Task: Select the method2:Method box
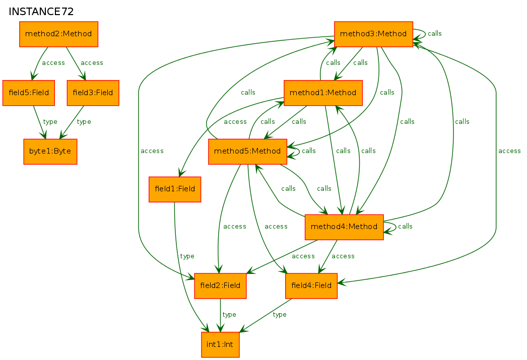pyautogui.click(x=58, y=34)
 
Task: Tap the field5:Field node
pyautogui.click(x=29, y=93)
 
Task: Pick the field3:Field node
pyautogui.click(x=93, y=93)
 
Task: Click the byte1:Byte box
pyautogui.click(x=50, y=152)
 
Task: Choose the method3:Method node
pyautogui.click(x=373, y=34)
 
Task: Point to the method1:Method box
pyautogui.click(x=323, y=93)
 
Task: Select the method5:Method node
pyautogui.click(x=247, y=152)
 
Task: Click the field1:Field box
pyautogui.click(x=175, y=189)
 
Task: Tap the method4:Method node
pyautogui.click(x=344, y=227)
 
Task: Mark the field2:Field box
pyautogui.click(x=220, y=285)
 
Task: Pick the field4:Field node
pyautogui.click(x=311, y=285)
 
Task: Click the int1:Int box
pyautogui.click(x=220, y=344)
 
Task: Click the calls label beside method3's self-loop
pyautogui.click(x=434, y=34)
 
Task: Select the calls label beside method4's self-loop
pyautogui.click(x=405, y=227)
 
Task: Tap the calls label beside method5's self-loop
pyautogui.click(x=308, y=151)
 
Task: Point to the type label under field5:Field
pyautogui.click(x=50, y=122)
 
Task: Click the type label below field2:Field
pyautogui.click(x=229, y=315)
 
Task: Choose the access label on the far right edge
pyautogui.click(x=509, y=151)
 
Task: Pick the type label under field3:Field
pyautogui.click(x=84, y=122)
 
